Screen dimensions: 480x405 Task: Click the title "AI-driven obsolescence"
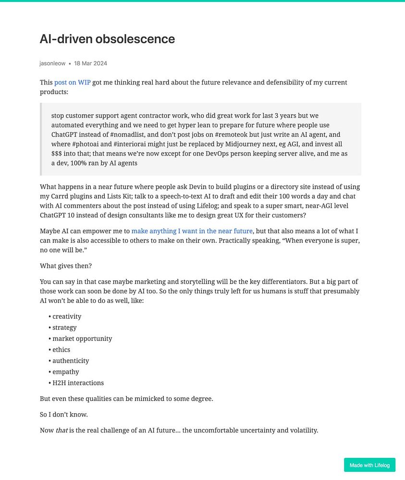pos(107,39)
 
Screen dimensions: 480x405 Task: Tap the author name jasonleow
pos(52,63)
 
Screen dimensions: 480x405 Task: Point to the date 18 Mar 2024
pos(90,63)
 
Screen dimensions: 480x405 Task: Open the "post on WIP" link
pos(73,83)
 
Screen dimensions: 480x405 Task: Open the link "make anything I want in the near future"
pos(192,231)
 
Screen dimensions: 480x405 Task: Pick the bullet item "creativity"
pos(67,316)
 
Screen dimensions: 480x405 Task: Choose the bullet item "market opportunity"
pos(82,338)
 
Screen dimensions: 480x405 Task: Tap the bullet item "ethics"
pos(61,349)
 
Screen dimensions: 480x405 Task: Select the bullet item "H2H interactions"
pos(78,383)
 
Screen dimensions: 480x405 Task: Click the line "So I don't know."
pos(64,414)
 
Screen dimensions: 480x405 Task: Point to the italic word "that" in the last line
pos(61,430)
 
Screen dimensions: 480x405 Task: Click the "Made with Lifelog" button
pos(369,465)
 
